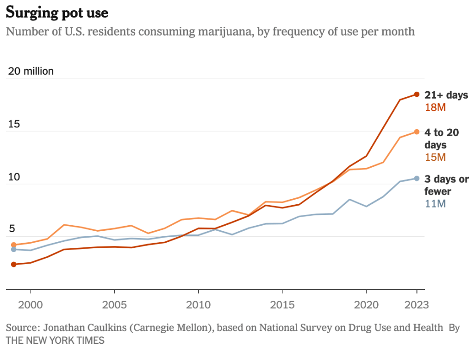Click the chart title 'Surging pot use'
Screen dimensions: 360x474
click(x=57, y=13)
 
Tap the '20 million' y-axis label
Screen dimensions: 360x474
click(x=31, y=71)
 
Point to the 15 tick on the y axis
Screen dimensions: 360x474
click(x=13, y=124)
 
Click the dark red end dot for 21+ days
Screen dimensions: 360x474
click(x=417, y=95)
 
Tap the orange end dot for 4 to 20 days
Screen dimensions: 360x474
click(x=417, y=132)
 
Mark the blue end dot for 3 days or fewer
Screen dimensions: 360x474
click(x=417, y=178)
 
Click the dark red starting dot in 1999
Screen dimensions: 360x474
click(x=14, y=264)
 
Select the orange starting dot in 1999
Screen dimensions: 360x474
click(x=14, y=245)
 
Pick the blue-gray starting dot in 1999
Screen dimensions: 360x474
click(x=14, y=249)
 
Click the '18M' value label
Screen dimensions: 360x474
click(x=435, y=108)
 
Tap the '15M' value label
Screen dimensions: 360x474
click(x=435, y=158)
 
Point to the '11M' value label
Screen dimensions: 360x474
click(x=435, y=204)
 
